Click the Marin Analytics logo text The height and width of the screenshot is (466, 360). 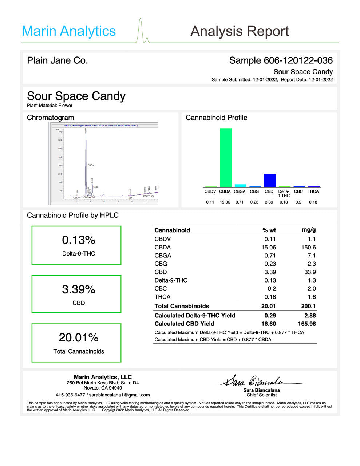(x=69, y=31)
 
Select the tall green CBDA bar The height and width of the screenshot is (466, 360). (x=226, y=157)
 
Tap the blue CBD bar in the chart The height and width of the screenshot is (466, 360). (x=270, y=180)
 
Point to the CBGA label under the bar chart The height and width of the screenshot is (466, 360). (x=240, y=191)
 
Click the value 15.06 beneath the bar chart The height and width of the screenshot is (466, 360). (x=225, y=202)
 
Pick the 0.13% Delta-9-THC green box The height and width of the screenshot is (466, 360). (x=76, y=245)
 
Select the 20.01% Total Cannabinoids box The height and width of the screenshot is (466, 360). (x=76, y=343)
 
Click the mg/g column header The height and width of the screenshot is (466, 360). (x=309, y=230)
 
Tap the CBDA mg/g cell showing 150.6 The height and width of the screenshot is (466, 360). (x=309, y=247)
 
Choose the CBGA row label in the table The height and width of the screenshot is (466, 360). (x=163, y=256)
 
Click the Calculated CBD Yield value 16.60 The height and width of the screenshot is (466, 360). (x=269, y=324)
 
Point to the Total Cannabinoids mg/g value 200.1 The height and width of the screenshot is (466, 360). (x=308, y=306)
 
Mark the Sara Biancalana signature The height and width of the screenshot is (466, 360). (x=261, y=381)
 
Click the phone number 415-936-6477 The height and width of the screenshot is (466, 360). (x=70, y=395)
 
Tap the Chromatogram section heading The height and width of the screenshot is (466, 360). (x=50, y=118)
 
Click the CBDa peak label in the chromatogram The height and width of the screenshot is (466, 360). (x=91, y=165)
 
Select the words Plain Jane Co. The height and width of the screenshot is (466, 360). (x=58, y=60)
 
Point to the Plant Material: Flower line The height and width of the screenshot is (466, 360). (x=50, y=106)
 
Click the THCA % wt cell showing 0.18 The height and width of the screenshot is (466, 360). (x=270, y=297)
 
